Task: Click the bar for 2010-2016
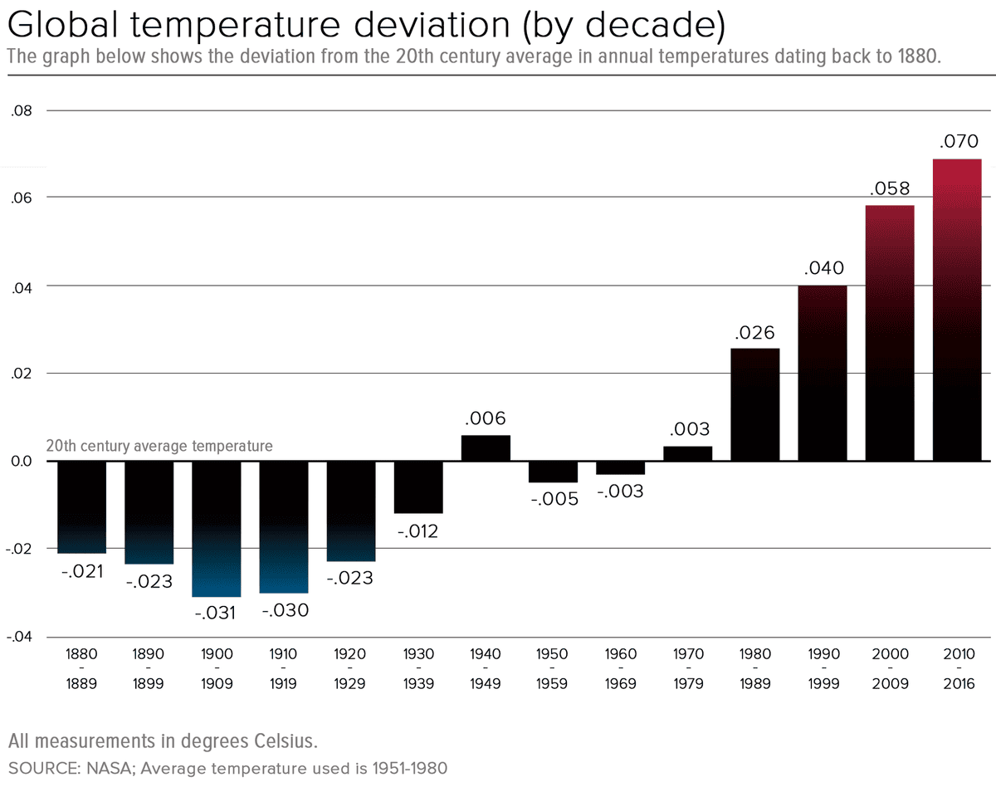click(x=957, y=309)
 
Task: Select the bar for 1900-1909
click(x=217, y=528)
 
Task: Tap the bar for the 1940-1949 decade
click(x=486, y=448)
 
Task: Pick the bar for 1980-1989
click(x=754, y=404)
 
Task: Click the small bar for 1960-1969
click(x=620, y=467)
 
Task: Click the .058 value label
click(x=890, y=188)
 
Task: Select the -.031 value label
click(x=215, y=613)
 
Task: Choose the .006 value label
click(x=486, y=418)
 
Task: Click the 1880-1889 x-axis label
click(x=82, y=668)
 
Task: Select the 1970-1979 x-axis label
click(x=687, y=668)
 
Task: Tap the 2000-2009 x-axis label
click(x=890, y=668)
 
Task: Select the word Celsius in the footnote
click(x=278, y=740)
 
